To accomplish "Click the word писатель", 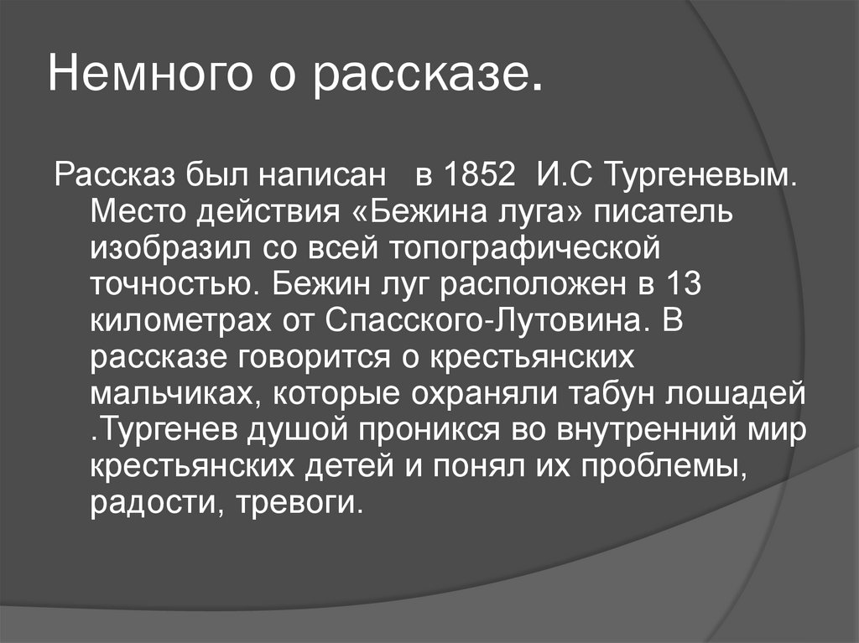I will click(x=665, y=213).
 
